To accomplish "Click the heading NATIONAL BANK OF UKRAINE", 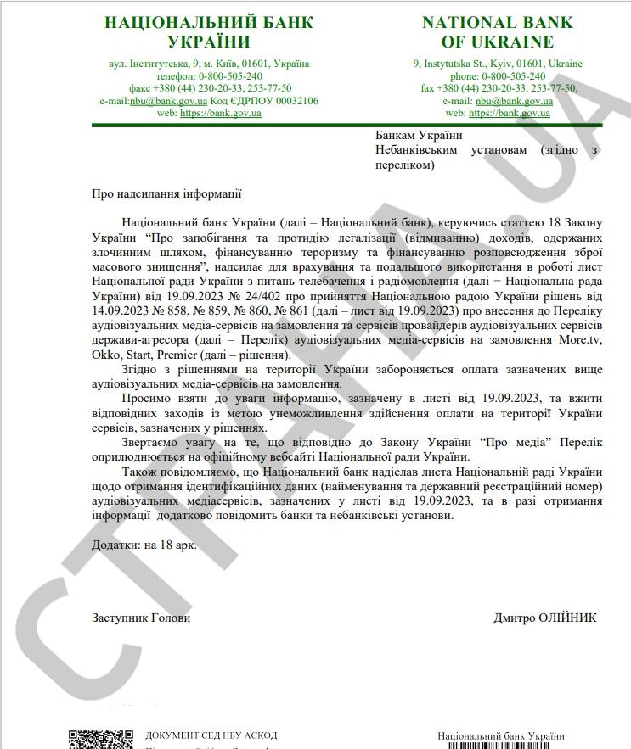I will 498,31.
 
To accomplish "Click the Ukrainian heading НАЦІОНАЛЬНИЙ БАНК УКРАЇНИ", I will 208,31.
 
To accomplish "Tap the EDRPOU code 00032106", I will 290,100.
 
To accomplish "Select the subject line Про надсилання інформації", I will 166,193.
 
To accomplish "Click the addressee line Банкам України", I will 419,135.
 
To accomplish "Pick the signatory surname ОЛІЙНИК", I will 567,618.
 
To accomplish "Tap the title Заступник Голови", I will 141,618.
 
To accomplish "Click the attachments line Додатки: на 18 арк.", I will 144,545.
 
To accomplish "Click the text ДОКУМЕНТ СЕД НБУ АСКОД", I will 211,735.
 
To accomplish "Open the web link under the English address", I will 509,113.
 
